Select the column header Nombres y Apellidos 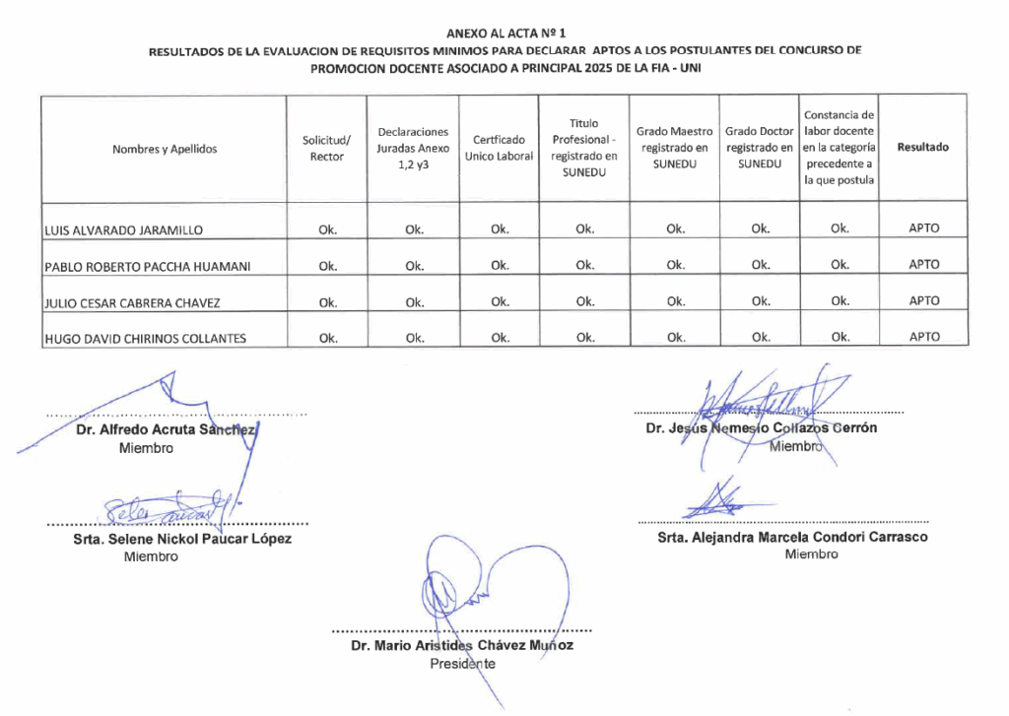[x=165, y=149]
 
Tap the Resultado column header [x=923, y=148]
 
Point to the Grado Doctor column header [x=760, y=147]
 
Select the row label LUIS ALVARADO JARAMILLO [x=124, y=230]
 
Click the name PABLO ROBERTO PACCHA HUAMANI [x=148, y=266]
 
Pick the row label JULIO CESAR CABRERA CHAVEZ [x=132, y=302]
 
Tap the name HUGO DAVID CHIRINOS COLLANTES [x=145, y=339]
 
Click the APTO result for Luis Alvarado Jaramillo [x=924, y=228]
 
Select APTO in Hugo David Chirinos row [x=924, y=337]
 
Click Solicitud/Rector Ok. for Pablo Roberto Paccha [x=328, y=265]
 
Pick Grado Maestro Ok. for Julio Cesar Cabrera [x=675, y=301]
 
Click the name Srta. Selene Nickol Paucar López [x=182, y=539]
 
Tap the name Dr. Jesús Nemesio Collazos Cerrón [x=761, y=428]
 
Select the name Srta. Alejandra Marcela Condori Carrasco [x=792, y=537]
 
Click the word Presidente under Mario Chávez [x=463, y=663]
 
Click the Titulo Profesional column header [x=584, y=148]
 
